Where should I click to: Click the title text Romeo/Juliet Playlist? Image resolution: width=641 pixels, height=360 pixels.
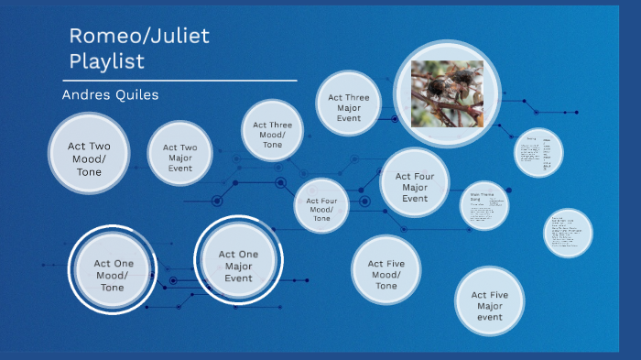[140, 49]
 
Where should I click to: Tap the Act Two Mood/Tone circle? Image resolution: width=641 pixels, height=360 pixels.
[90, 153]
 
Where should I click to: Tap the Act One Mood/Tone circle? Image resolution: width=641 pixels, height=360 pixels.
[113, 271]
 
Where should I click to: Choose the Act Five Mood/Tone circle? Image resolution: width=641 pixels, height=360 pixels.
[386, 271]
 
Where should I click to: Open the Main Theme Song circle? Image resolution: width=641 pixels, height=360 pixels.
[484, 206]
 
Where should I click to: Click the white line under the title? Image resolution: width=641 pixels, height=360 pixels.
[184, 81]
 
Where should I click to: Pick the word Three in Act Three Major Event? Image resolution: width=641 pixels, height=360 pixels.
[357, 97]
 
